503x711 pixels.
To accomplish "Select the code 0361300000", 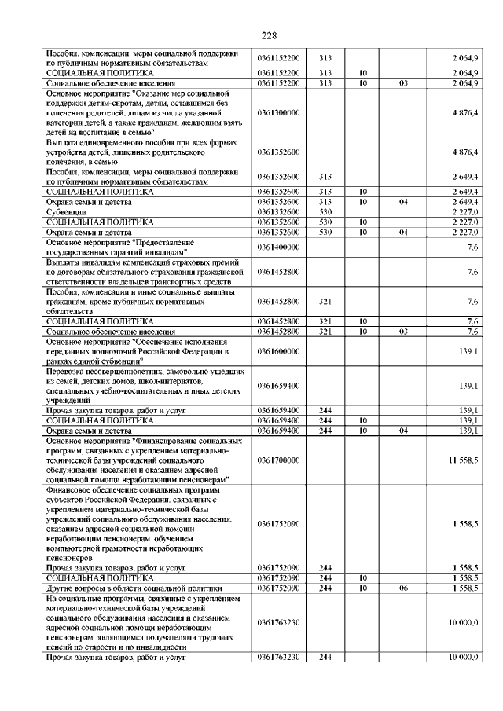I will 278,112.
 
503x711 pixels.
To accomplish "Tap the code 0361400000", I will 278,247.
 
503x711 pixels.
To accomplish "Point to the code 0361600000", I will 278,350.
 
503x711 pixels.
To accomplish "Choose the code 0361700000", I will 278,460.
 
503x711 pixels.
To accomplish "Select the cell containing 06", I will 402,588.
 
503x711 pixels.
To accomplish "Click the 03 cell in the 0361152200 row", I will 402,82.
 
